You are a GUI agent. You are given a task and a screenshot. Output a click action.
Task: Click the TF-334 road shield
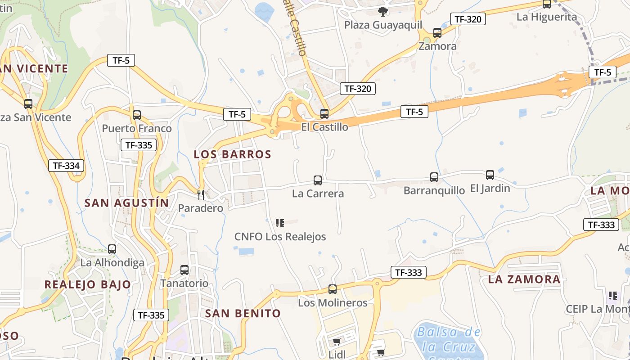pyautogui.click(x=66, y=166)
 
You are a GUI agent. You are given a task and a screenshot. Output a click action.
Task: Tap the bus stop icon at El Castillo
pyautogui.click(x=324, y=114)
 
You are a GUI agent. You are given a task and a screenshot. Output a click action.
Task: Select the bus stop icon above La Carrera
pyautogui.click(x=318, y=180)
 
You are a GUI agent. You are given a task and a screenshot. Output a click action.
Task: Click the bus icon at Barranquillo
pyautogui.click(x=434, y=177)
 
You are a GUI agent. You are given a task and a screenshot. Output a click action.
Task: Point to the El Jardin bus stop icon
pyautogui.click(x=490, y=175)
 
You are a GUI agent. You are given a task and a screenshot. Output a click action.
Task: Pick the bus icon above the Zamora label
pyautogui.click(x=437, y=33)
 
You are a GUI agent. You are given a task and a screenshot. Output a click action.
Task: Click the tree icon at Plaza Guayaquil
pyautogui.click(x=383, y=12)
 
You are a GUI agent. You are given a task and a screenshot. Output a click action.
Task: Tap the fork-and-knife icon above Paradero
pyautogui.click(x=201, y=195)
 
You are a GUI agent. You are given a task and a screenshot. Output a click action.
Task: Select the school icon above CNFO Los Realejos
pyautogui.click(x=280, y=223)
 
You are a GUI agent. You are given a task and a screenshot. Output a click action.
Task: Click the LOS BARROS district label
pyautogui.click(x=233, y=154)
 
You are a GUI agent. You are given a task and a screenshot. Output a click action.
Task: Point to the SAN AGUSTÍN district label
pyautogui.click(x=127, y=203)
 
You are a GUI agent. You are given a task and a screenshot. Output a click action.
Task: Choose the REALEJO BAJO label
pyautogui.click(x=88, y=284)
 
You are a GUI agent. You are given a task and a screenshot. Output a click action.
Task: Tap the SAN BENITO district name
pyautogui.click(x=243, y=313)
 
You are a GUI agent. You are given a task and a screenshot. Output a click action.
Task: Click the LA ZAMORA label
pyautogui.click(x=524, y=279)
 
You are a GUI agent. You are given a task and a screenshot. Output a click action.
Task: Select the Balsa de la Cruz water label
pyautogui.click(x=448, y=340)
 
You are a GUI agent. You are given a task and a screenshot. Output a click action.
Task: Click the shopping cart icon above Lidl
pyautogui.click(x=337, y=342)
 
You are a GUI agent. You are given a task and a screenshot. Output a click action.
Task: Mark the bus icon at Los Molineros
pyautogui.click(x=333, y=289)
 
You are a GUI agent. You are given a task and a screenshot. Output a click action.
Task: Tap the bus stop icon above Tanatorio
pyautogui.click(x=184, y=270)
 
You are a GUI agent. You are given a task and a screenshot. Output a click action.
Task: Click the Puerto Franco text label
pyautogui.click(x=137, y=129)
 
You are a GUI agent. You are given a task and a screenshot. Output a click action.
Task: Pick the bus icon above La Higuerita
pyautogui.click(x=547, y=4)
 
